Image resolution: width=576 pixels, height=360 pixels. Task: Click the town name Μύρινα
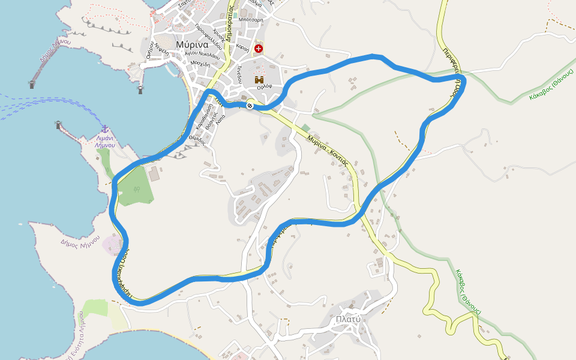tap(192, 45)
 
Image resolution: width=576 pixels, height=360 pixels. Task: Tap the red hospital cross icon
tap(259, 48)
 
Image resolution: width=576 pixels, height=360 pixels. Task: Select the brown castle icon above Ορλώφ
tap(259, 79)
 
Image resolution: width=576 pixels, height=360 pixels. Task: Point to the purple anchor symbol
tap(105, 129)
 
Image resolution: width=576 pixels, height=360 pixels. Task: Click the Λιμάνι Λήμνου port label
tap(105, 141)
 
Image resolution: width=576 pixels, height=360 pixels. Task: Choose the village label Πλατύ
tap(348, 319)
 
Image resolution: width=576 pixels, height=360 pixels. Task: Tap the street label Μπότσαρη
tap(251, 19)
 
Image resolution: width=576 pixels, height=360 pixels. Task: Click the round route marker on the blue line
tap(250, 106)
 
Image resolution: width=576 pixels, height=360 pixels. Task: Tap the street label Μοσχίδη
tap(200, 63)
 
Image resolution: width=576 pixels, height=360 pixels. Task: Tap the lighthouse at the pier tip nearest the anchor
tap(59, 125)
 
